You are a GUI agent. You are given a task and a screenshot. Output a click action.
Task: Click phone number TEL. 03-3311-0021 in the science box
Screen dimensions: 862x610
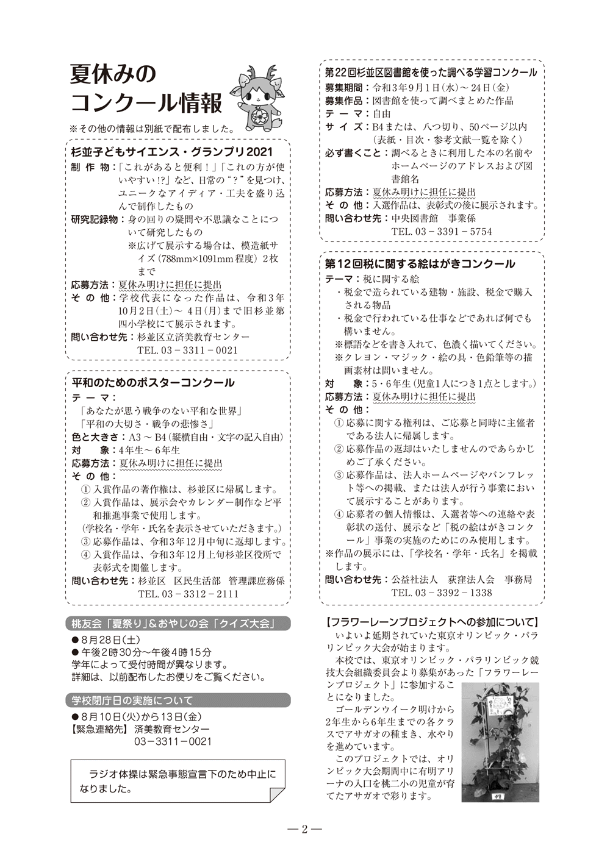point(187,351)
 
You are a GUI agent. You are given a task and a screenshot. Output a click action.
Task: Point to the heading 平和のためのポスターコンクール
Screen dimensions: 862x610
point(153,383)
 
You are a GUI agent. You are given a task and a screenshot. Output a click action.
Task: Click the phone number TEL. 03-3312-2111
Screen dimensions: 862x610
point(188,594)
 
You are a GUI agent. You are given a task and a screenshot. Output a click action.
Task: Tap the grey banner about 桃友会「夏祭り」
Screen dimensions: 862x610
point(177,624)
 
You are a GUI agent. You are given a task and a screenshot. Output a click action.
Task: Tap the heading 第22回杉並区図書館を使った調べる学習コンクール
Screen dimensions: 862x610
point(431,73)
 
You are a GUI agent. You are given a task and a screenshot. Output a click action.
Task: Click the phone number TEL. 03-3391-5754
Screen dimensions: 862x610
point(442,232)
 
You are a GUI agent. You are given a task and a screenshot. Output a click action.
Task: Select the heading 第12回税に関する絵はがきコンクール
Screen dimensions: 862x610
point(420,264)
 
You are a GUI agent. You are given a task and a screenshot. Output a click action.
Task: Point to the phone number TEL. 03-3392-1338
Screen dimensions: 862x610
point(442,593)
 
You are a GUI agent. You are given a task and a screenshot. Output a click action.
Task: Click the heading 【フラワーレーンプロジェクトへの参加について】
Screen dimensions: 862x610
point(432,622)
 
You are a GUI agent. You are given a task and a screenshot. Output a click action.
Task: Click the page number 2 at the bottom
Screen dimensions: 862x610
point(304,829)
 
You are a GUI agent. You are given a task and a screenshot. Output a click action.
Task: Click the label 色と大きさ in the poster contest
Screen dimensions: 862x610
point(95,437)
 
